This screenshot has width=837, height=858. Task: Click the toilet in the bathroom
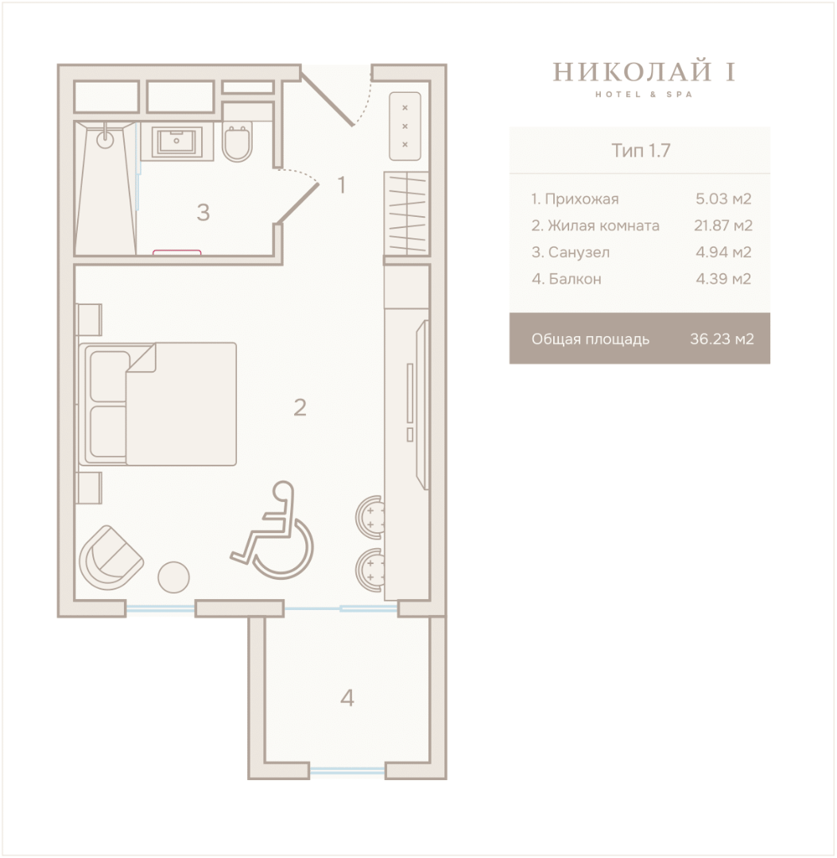(237, 142)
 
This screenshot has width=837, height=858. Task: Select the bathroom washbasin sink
(176, 141)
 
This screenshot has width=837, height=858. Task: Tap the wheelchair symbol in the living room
(272, 530)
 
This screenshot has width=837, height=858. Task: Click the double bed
(157, 404)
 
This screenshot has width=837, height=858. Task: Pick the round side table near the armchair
(173, 578)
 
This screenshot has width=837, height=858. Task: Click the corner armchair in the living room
(110, 558)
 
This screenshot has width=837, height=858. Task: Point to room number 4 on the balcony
(347, 698)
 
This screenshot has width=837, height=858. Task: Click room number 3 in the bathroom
(203, 212)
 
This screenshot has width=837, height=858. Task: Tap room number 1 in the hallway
(342, 185)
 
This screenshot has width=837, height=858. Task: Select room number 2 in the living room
(300, 407)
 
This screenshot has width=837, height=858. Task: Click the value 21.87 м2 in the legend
(723, 226)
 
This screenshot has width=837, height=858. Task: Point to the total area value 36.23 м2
(722, 338)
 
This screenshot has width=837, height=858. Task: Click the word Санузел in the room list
(579, 253)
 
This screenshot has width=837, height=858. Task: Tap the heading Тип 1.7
(641, 150)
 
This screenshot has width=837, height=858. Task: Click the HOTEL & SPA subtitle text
(644, 94)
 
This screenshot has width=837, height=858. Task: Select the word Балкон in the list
(575, 279)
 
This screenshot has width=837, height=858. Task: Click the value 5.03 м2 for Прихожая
(723, 199)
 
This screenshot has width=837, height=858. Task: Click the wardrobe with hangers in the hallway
(405, 214)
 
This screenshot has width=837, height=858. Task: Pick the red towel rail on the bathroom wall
(176, 253)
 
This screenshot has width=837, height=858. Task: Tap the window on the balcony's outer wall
(347, 771)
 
